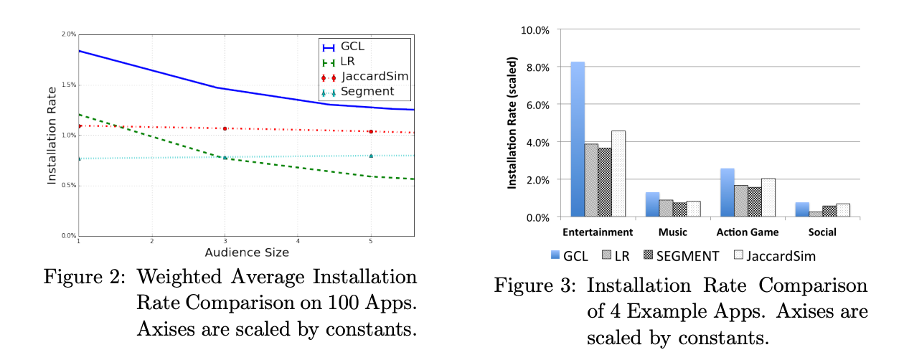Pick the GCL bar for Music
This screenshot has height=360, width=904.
tap(652, 204)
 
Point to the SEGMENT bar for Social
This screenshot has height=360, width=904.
tap(830, 211)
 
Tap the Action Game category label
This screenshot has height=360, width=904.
tap(748, 232)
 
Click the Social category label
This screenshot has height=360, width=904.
tap(822, 232)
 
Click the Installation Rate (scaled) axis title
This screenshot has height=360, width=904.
tap(513, 123)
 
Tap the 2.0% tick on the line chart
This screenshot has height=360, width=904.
tap(69, 34)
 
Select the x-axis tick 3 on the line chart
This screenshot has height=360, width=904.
tap(225, 242)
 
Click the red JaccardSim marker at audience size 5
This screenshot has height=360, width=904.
tap(371, 132)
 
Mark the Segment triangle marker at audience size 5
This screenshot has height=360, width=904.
tap(371, 156)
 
